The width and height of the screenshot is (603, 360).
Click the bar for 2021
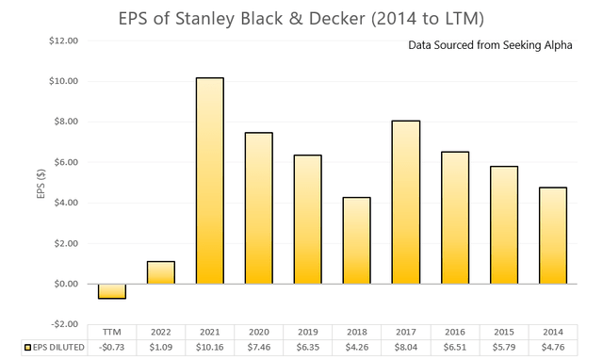pyautogui.click(x=210, y=180)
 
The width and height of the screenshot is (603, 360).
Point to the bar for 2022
pyautogui.click(x=160, y=272)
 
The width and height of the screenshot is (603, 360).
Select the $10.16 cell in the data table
pyautogui.click(x=210, y=348)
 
